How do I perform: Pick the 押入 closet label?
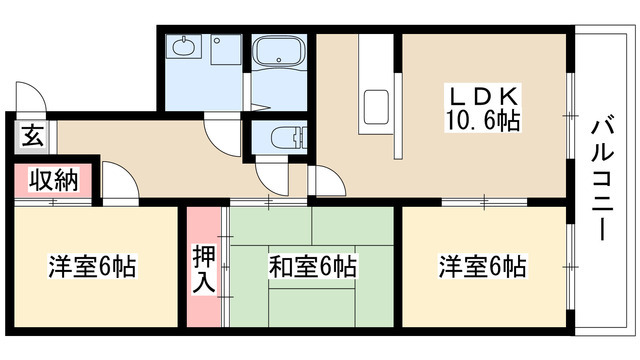(203, 268)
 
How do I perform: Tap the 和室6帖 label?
(312, 267)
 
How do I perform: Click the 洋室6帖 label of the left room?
(92, 267)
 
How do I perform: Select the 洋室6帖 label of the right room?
(481, 267)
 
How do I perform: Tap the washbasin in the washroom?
(184, 46)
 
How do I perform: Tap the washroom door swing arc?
(220, 134)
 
